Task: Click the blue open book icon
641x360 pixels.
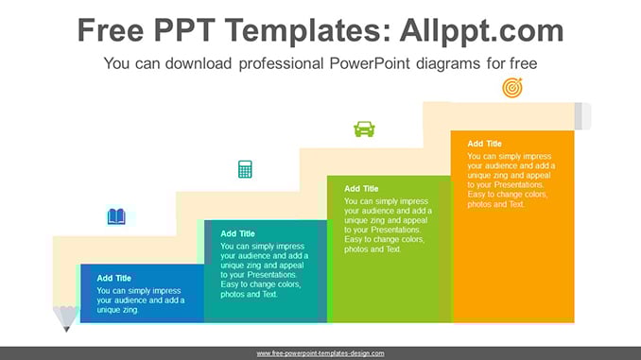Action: pos(116,216)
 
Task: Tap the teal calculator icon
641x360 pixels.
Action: pos(245,169)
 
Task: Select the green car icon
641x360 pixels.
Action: pos(364,129)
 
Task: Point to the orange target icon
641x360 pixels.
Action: pos(512,88)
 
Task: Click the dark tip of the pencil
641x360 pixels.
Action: pos(66,329)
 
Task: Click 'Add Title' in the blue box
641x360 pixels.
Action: pos(113,279)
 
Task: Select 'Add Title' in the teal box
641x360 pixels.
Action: pos(237,233)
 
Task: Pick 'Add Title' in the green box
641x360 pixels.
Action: pos(361,189)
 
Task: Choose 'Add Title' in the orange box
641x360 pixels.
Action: pos(484,144)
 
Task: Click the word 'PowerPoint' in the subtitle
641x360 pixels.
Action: pos(370,63)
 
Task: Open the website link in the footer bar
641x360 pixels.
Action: pos(320,353)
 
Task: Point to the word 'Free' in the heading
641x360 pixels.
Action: pos(111,30)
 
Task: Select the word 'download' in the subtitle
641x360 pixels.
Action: pos(199,63)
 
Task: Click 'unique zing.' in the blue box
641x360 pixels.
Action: pos(118,310)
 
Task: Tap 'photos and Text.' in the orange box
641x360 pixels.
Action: pos(495,204)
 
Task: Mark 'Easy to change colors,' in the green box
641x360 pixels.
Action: pos(384,239)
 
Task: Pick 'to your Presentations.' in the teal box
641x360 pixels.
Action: pos(258,275)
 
